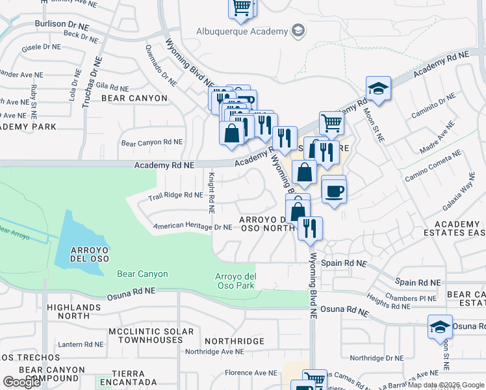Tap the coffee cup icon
coord(335,191)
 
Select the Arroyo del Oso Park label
coord(235,281)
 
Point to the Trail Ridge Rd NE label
coord(175,195)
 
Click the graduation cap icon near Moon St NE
coord(377,90)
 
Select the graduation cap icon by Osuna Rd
coord(440,327)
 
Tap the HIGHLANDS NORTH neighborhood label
coord(64,311)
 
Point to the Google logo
coord(21,382)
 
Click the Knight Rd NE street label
coord(211,193)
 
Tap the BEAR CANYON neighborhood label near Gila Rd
coord(134,98)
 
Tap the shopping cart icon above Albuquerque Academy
coord(242,8)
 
